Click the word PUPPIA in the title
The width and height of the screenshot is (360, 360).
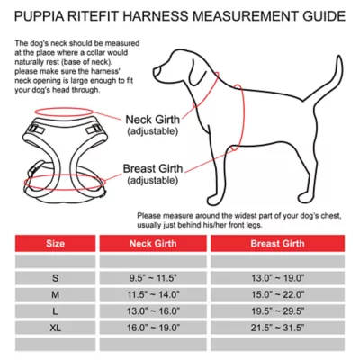click(x=41, y=16)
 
